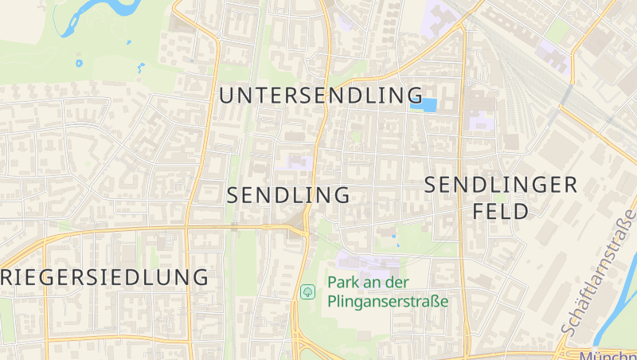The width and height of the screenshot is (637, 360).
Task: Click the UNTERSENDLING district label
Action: (x=322, y=96)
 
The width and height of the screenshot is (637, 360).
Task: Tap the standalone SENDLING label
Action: (x=288, y=195)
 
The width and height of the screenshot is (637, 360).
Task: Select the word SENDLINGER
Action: (x=501, y=186)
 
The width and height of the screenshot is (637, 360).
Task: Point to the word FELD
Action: (x=501, y=212)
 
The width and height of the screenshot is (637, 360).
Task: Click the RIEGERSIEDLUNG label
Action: (x=104, y=278)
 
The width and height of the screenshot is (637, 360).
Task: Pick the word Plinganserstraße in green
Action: (x=388, y=302)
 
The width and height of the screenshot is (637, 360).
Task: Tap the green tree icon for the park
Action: (x=307, y=292)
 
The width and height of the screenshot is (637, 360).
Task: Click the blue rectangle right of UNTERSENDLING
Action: (x=423, y=104)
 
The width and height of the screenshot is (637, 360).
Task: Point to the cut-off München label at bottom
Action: (x=607, y=355)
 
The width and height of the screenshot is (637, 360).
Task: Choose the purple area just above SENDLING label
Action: (x=296, y=163)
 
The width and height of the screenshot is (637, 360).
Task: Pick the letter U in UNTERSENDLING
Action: (x=226, y=96)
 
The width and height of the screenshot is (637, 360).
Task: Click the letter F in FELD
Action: (x=479, y=212)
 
